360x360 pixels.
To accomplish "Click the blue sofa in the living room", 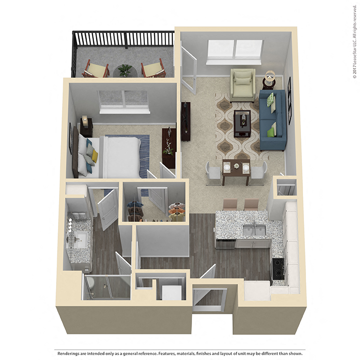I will (272, 120).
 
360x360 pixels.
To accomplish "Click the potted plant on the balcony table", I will (124, 69).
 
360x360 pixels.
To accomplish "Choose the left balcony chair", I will (96, 68).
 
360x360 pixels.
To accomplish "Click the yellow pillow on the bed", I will (94, 156).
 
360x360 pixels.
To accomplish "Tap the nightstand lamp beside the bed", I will (85, 120).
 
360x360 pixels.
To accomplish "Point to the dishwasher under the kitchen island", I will (226, 244).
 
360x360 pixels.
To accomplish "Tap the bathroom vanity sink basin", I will (80, 239).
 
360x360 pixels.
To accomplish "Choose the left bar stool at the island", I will (230, 204).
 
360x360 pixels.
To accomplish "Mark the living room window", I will (235, 49).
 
